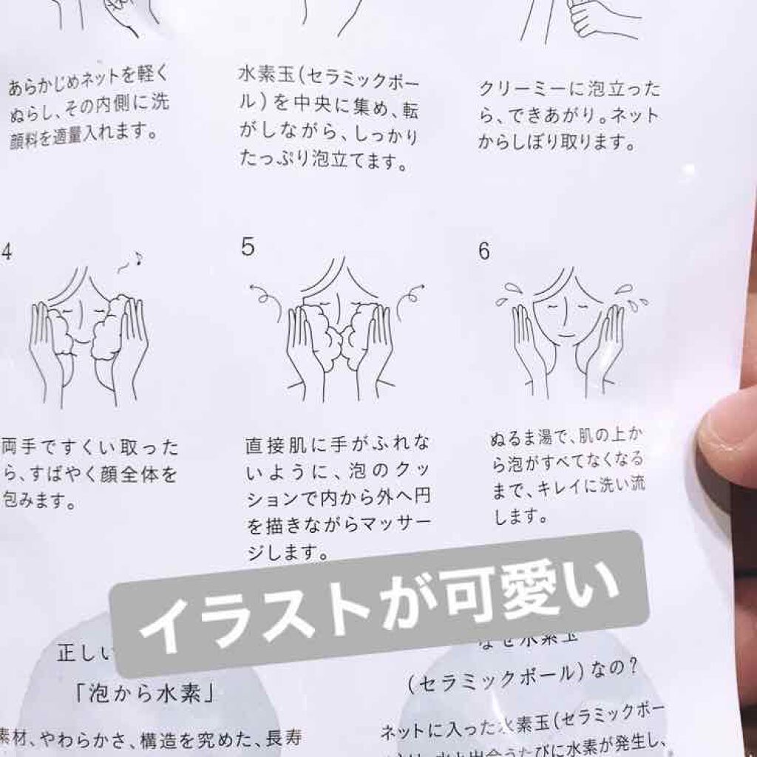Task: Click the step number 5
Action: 248,247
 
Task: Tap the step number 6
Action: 484,251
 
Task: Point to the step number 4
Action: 7,251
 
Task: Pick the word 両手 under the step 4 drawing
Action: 18,447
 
